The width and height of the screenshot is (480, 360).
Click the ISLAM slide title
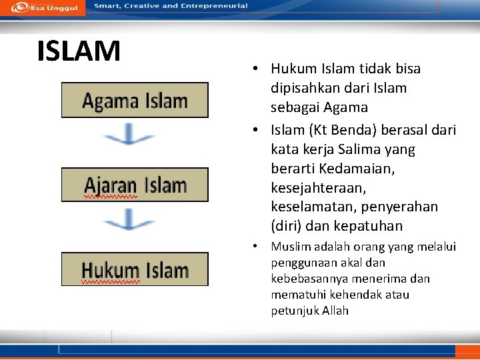[79, 51]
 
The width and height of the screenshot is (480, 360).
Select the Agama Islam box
[135, 101]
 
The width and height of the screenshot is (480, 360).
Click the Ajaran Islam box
[135, 185]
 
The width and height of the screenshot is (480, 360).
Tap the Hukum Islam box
[135, 270]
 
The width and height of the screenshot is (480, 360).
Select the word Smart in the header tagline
[107, 6]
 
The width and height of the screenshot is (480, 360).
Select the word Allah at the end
[335, 311]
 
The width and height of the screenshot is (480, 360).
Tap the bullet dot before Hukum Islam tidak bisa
[255, 69]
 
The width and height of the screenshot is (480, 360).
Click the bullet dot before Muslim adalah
[255, 247]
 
